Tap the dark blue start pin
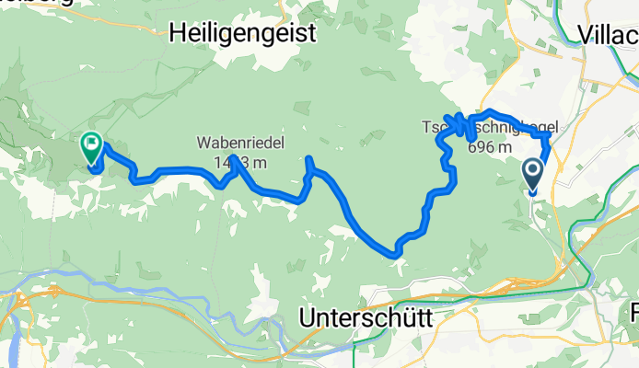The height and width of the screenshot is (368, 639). [533, 172]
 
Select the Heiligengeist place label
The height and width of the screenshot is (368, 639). [243, 34]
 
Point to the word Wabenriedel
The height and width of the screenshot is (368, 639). [238, 144]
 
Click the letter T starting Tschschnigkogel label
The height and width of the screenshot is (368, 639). [426, 126]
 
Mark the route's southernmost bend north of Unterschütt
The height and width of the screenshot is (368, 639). [396, 251]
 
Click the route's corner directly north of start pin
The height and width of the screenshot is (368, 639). [549, 135]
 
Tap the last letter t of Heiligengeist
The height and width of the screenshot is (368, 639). [313, 34]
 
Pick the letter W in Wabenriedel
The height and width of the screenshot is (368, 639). [202, 144]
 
